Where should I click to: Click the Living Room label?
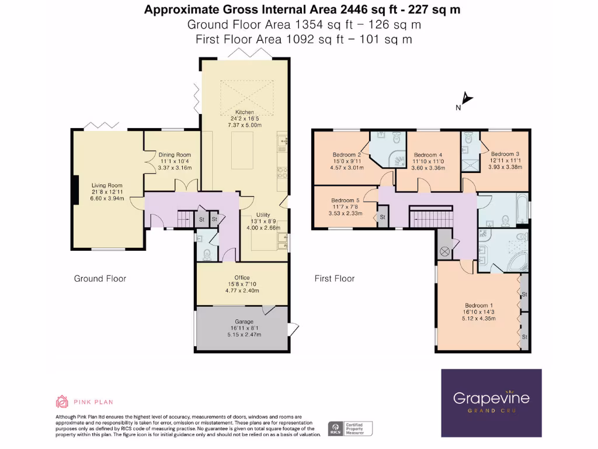coord(107,186)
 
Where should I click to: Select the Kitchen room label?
coord(244,112)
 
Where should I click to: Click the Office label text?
coord(242,278)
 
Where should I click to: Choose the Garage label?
coord(244,322)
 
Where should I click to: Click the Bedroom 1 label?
coord(479,305)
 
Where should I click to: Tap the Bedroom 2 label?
coord(347,155)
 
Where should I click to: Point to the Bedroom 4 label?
coord(429,155)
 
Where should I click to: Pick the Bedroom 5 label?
coord(346,199)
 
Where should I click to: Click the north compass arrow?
coord(467,99)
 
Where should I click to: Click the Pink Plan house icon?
coord(62,402)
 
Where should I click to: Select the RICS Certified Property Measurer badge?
coord(350,429)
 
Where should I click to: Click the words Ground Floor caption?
coord(100,278)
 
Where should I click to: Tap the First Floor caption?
coord(335,278)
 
